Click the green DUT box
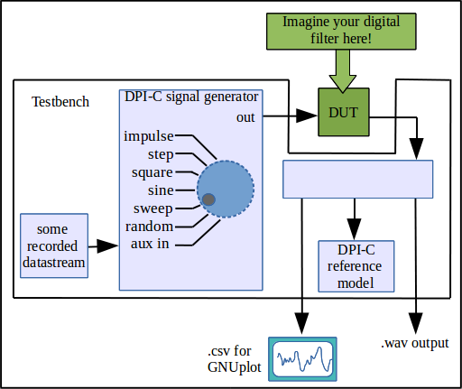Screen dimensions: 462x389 (344, 112)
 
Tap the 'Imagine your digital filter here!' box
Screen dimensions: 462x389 (341, 32)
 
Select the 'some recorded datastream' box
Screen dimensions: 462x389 (54, 245)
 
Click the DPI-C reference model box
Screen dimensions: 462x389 (356, 266)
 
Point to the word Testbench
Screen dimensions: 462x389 (60, 102)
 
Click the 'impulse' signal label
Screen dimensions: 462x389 (149, 136)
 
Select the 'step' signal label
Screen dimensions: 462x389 (161, 155)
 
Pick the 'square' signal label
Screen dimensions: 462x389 (152, 173)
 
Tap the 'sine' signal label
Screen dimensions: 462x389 (161, 190)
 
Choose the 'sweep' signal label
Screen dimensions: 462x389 (153, 208)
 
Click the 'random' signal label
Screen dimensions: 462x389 (149, 227)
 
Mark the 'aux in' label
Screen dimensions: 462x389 (150, 244)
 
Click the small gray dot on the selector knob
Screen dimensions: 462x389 (208, 199)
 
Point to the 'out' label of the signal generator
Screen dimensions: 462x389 (245, 117)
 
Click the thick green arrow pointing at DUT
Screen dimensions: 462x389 (343, 71)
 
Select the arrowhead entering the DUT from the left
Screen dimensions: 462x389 (307, 116)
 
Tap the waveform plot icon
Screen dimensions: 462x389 (302, 359)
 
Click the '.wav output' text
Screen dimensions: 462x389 (415, 343)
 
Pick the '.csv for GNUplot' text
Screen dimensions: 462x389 (234, 359)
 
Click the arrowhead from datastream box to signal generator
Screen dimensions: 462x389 (107, 246)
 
